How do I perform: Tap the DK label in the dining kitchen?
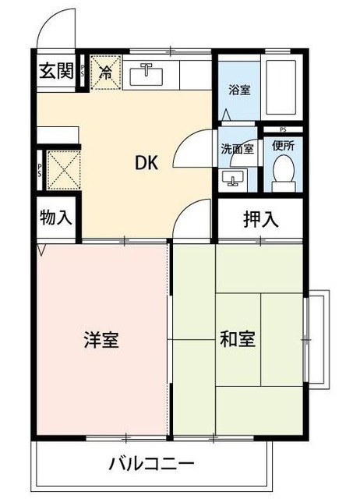tap(147, 164)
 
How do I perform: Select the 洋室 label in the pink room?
tap(101, 341)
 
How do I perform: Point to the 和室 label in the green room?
tap(238, 341)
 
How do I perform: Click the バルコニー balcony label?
tap(153, 465)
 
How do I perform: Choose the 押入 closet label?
tap(260, 219)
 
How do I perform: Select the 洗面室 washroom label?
tap(237, 149)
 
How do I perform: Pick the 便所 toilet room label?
tap(283, 146)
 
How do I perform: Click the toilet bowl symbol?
tap(284, 173)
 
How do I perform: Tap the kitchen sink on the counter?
tap(146, 75)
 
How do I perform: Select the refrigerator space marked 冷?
tap(104, 74)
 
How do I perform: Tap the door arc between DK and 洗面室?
tap(190, 149)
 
